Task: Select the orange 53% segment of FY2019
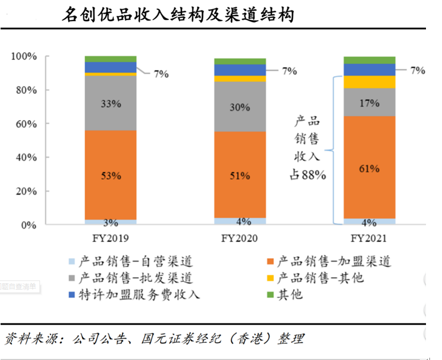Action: [110, 175]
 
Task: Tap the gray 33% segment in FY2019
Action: [110, 104]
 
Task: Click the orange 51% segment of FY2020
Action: [240, 175]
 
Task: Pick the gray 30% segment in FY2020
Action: [240, 106]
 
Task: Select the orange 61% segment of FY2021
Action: [369, 168]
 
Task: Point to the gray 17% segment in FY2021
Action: [369, 102]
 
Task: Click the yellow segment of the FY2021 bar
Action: [369, 82]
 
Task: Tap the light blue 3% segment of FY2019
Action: [110, 222]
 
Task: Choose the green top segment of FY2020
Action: [240, 61]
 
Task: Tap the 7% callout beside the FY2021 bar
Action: [417, 70]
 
